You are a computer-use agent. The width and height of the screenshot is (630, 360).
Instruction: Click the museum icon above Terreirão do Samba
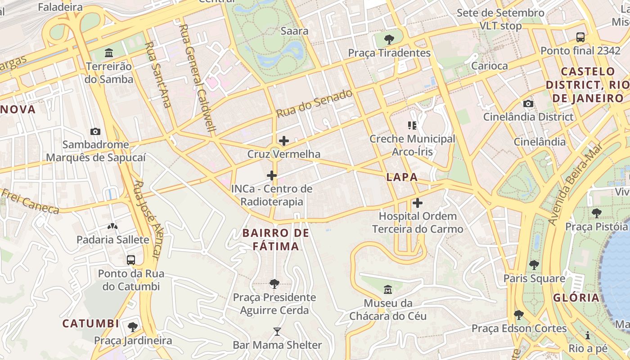(109, 53)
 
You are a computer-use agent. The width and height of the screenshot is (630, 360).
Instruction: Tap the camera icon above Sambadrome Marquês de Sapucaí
(95, 131)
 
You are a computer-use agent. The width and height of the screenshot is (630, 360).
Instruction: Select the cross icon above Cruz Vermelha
(284, 141)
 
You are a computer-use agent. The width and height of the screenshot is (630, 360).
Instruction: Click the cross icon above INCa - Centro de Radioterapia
(272, 175)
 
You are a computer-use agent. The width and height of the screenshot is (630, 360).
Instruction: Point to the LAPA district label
(402, 177)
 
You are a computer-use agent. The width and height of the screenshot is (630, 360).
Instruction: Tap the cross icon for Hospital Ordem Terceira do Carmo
(418, 203)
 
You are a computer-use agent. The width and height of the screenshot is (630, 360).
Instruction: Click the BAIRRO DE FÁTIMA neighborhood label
(276, 239)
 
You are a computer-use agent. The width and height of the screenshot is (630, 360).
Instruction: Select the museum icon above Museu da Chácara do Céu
(388, 289)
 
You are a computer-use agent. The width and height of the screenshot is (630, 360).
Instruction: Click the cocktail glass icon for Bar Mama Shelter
(277, 332)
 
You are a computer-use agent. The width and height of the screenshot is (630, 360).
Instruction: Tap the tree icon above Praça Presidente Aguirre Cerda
(274, 283)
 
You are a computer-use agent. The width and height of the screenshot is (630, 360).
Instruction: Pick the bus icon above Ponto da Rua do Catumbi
(131, 260)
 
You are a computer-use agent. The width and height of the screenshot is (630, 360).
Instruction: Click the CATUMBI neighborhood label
(90, 324)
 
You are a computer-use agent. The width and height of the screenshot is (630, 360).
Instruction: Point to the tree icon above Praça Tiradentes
(389, 39)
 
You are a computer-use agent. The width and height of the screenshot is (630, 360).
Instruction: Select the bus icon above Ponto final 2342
(580, 37)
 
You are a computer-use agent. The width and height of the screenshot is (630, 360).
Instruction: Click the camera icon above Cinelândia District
(528, 103)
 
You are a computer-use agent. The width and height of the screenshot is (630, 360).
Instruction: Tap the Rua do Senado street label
(314, 103)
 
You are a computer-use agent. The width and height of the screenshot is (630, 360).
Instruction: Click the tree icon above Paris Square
(534, 265)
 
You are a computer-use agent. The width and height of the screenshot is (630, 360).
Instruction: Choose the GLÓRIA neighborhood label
(576, 297)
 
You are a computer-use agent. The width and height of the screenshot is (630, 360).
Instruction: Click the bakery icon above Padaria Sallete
(112, 226)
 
